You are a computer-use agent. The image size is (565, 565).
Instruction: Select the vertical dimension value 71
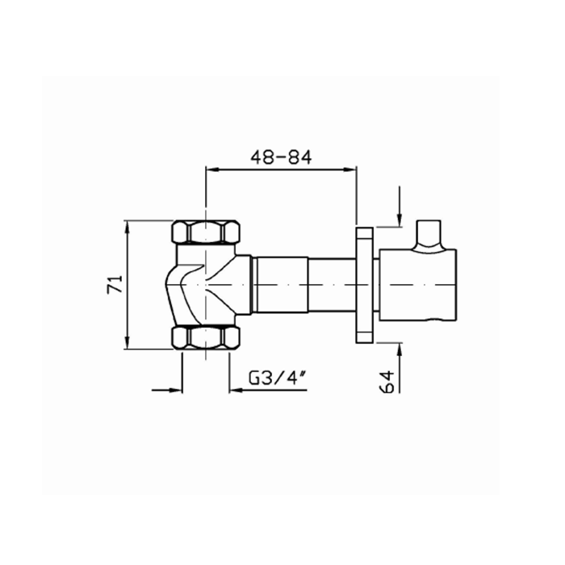tap(115, 284)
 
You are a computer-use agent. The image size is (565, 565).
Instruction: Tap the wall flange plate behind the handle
tap(364, 284)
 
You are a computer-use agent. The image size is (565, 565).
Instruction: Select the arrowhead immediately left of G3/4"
tap(236, 391)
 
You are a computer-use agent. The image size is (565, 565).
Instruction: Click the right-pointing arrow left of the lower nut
tap(175, 391)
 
